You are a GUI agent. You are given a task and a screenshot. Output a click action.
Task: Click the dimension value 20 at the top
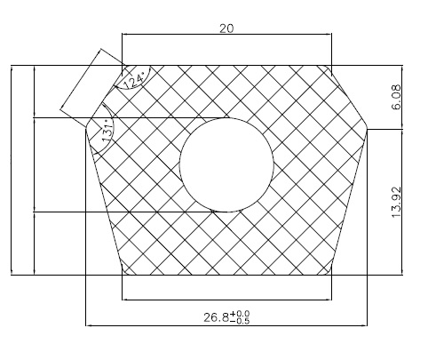(x=226, y=28)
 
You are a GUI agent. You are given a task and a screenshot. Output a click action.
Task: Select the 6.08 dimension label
(x=396, y=97)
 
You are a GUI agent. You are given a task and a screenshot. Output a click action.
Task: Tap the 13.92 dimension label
(x=396, y=203)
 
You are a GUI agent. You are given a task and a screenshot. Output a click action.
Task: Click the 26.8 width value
(x=216, y=317)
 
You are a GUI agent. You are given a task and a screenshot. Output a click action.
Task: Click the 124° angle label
(x=133, y=81)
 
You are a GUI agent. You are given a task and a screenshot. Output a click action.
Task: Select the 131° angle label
(x=108, y=132)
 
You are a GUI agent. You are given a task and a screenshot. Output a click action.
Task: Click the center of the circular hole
(x=226, y=164)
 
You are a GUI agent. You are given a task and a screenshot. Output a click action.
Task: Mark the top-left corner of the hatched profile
(x=123, y=66)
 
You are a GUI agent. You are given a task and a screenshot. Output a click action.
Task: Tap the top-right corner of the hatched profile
(x=331, y=66)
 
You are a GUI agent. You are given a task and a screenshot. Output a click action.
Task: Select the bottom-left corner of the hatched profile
(x=123, y=276)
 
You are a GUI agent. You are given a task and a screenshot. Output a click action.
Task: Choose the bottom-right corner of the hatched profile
(x=331, y=276)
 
